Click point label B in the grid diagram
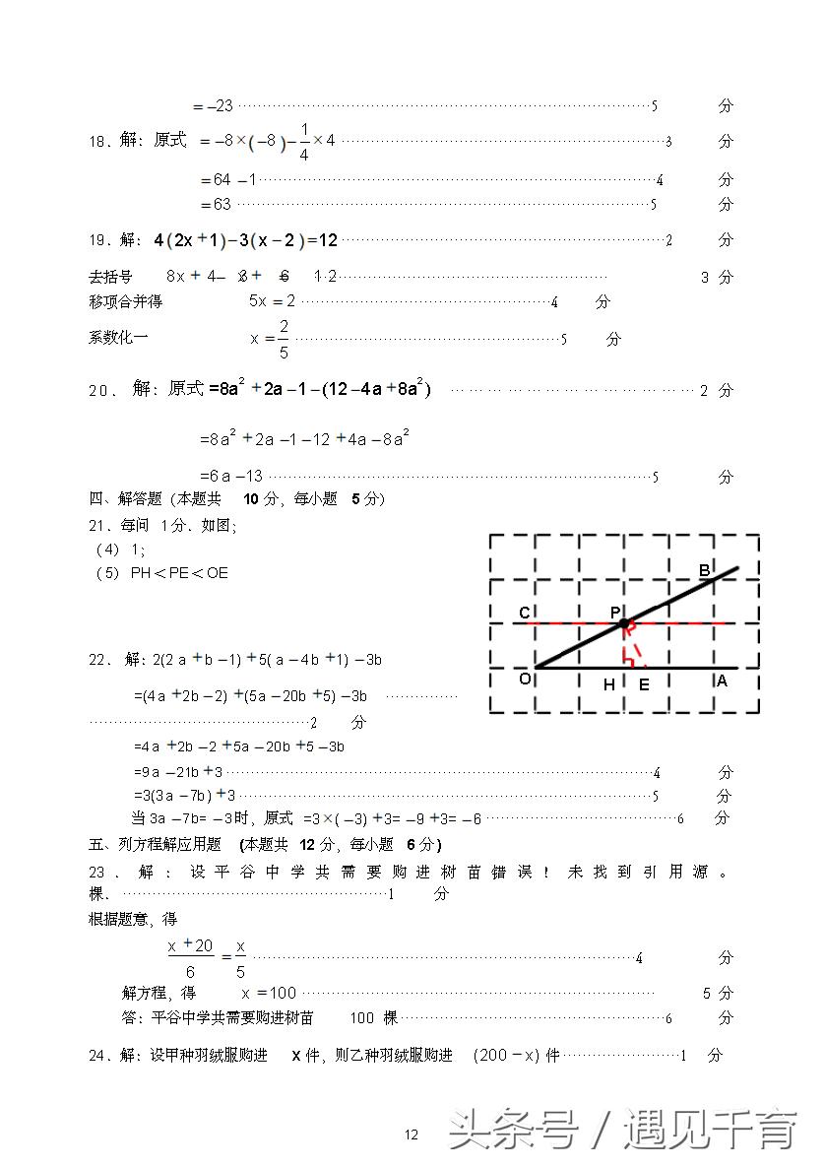[704, 570]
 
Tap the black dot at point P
[623, 623]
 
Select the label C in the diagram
[525, 614]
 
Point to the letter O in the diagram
[525, 679]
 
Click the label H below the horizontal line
[609, 684]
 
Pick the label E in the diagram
[644, 684]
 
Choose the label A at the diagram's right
[722, 680]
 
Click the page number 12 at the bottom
[412, 1135]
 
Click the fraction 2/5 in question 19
[283, 338]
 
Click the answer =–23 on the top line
[214, 106]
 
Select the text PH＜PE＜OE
[178, 572]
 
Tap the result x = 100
[269, 993]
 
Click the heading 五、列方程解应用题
[159, 844]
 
